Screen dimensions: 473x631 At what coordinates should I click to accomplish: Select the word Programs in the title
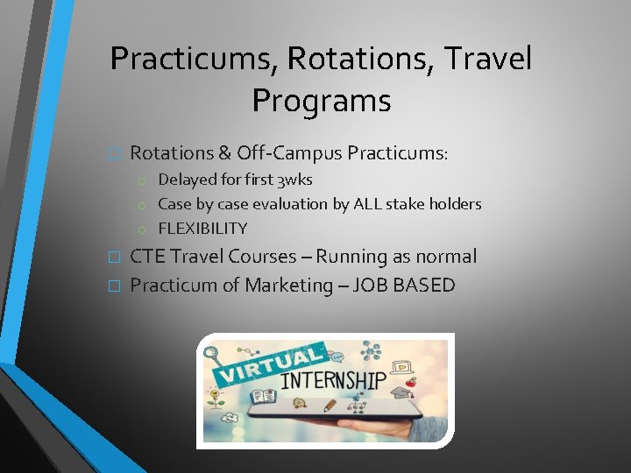pyautogui.click(x=321, y=101)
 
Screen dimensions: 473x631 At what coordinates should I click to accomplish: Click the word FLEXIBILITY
pyautogui.click(x=202, y=229)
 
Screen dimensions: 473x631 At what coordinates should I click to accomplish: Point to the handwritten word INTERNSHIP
pyautogui.click(x=334, y=381)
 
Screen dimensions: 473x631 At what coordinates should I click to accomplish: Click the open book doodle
pyautogui.click(x=263, y=397)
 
